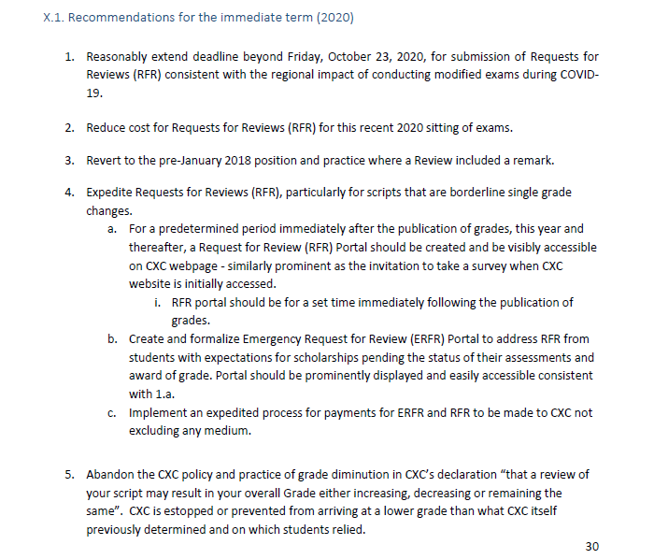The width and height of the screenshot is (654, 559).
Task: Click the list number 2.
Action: coord(70,127)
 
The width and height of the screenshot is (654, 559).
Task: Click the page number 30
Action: coord(590,546)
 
